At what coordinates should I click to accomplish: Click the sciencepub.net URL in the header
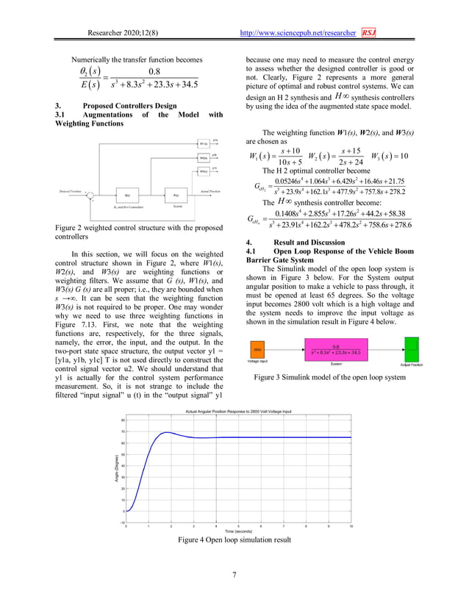pyautogui.click(x=298, y=33)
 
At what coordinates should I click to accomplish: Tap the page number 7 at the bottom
pyautogui.click(x=234, y=574)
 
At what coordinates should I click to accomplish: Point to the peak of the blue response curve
pyautogui.click(x=168, y=432)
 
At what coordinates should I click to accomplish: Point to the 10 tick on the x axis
pyautogui.click(x=351, y=526)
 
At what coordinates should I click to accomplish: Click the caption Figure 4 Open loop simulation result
pyautogui.click(x=234, y=540)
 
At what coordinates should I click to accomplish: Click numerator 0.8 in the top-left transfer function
pyautogui.click(x=155, y=71)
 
